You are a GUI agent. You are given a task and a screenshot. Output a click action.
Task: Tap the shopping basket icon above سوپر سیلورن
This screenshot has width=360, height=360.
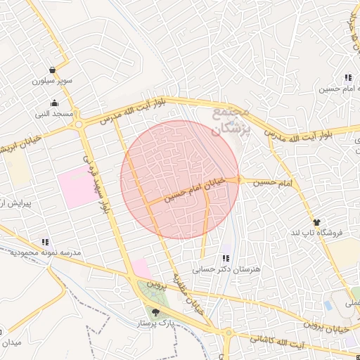tap(53, 70)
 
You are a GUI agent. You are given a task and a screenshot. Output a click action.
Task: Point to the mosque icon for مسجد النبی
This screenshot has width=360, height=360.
tap(55, 103)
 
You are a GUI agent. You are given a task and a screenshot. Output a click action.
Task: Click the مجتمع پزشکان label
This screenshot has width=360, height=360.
tap(231, 119)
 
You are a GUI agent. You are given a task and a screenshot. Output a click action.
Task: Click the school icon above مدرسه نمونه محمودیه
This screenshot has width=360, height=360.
tap(46, 241)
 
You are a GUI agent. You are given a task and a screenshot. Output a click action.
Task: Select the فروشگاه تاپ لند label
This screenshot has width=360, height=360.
tap(315, 232)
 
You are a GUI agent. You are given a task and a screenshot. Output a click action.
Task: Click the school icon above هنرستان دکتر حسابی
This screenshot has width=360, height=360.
tap(226, 258)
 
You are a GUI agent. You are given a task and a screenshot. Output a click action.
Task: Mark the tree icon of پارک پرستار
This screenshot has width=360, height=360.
tap(155, 311)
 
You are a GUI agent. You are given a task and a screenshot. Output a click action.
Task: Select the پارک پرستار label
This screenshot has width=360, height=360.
tap(155, 323)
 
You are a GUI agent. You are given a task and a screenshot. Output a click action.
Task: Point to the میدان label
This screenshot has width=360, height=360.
tap(13, 342)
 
